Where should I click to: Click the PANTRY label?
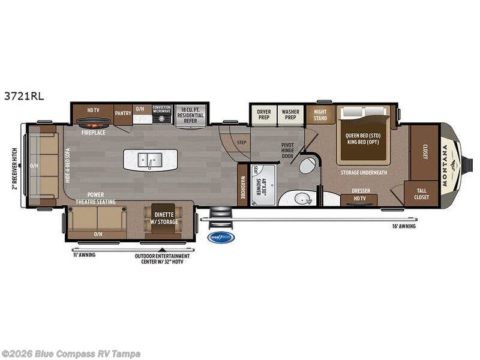123,113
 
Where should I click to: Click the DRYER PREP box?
264,115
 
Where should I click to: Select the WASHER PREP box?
291,115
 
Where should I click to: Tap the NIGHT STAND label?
320,115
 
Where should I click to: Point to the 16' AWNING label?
403,226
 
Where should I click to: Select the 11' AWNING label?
83,254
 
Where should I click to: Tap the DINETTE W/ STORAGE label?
164,218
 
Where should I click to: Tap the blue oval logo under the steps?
221,237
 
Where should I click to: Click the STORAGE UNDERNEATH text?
364,173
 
